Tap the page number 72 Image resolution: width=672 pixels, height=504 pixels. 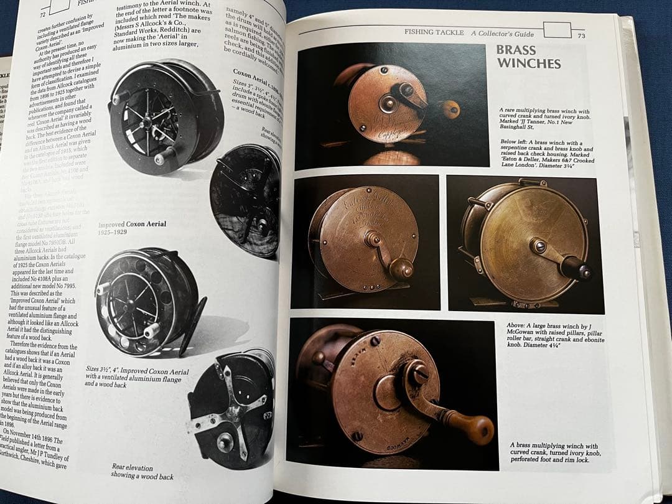(42, 14)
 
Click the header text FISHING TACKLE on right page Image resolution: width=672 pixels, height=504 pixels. (434, 32)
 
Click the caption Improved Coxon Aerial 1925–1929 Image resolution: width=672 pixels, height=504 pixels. (132, 228)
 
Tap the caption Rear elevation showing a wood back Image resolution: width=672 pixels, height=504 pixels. (142, 471)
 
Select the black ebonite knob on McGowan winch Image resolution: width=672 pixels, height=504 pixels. (574, 268)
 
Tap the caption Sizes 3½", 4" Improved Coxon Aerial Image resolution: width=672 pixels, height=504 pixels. (137, 376)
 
